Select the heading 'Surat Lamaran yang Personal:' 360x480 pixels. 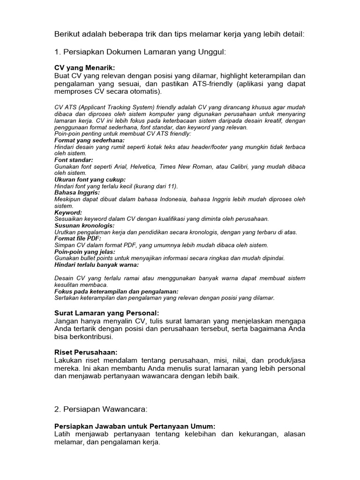(107, 313)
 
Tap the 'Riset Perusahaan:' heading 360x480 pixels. (86, 352)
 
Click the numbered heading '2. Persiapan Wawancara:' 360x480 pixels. (101, 409)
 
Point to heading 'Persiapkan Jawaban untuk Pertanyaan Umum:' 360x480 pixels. (135, 426)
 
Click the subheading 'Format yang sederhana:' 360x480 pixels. (90, 140)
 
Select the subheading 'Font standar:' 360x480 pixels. (74, 160)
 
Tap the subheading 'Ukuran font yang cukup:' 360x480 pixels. (90, 180)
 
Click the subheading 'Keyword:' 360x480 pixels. (68, 212)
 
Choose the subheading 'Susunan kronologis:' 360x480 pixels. (84, 225)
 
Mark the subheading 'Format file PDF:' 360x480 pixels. (78, 239)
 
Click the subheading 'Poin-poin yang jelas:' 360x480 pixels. (85, 252)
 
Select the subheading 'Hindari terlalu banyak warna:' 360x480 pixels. (97, 265)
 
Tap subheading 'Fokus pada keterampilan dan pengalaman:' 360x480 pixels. (113, 291)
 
